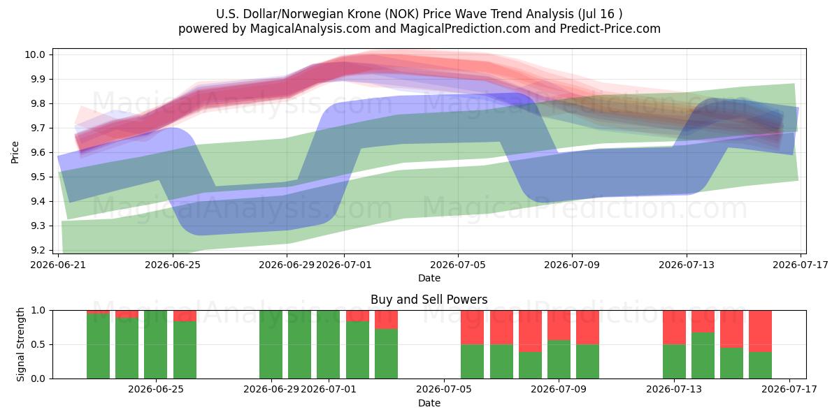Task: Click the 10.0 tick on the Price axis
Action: coord(34,54)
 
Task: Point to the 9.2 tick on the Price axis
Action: coord(37,250)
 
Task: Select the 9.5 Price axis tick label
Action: coord(37,177)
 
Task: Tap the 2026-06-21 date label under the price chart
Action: coord(58,265)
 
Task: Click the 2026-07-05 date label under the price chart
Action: coord(458,265)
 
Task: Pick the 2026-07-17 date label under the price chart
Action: coord(801,265)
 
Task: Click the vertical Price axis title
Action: coord(15,152)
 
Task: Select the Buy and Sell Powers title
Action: coord(429,300)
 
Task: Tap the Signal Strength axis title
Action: coord(20,344)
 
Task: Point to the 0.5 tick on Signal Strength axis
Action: coord(38,344)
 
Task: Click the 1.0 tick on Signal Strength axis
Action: coord(38,310)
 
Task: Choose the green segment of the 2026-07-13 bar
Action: coord(674,362)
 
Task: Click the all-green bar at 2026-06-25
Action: coord(155,344)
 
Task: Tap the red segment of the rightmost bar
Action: coord(761,331)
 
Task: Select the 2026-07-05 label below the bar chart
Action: coord(444,389)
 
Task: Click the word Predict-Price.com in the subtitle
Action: coord(610,29)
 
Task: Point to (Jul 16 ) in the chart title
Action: coord(600,14)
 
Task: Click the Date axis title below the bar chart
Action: coord(429,403)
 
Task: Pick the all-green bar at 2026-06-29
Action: coord(271,344)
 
